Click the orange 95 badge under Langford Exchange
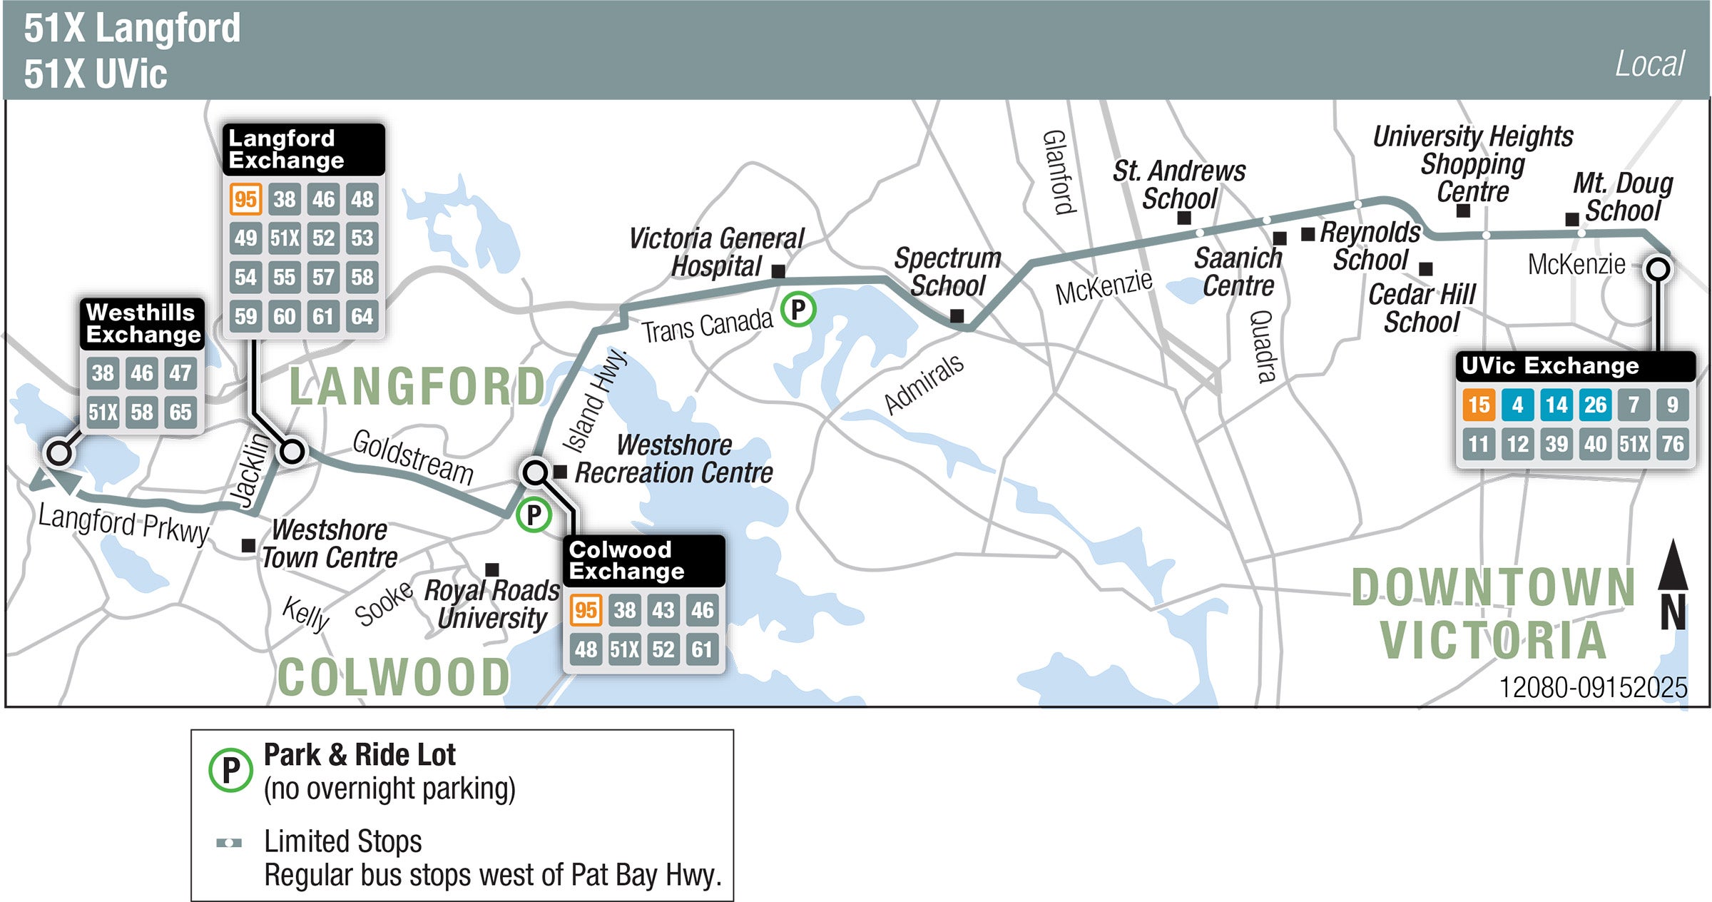(245, 199)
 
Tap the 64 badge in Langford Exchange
(362, 315)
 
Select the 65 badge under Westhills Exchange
(180, 412)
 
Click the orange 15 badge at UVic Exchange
(1479, 405)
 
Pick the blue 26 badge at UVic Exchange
(1595, 405)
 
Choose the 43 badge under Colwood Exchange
(663, 610)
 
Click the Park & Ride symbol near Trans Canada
(798, 310)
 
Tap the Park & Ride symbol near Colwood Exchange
(534, 515)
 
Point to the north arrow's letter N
(1673, 613)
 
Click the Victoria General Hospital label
(716, 252)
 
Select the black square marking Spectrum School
(957, 315)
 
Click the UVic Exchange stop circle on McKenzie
(1658, 270)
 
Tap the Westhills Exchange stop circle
(58, 452)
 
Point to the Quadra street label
(1263, 347)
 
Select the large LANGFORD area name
(417, 387)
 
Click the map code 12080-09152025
(1593, 687)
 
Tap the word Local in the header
(1649, 64)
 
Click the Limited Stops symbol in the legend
(229, 843)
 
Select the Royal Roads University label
(491, 604)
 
